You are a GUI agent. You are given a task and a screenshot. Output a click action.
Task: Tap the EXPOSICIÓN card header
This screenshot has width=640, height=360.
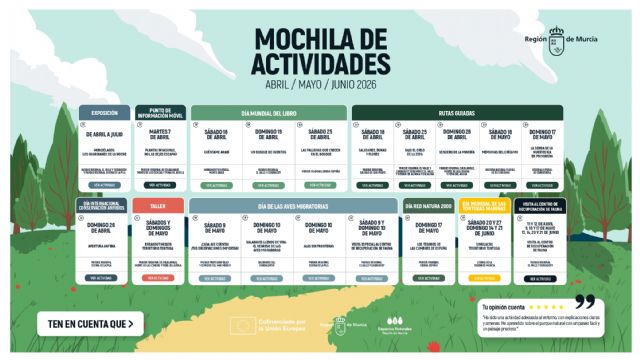click(105, 113)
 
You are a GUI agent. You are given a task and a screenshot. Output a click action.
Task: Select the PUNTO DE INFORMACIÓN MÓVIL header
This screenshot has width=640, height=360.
click(161, 113)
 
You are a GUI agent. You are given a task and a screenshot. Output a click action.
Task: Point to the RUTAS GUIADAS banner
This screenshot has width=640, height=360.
click(456, 113)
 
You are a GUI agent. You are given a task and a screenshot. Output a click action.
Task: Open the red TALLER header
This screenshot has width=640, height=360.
click(158, 205)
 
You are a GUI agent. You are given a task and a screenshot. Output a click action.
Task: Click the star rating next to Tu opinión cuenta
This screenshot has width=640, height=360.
click(546, 306)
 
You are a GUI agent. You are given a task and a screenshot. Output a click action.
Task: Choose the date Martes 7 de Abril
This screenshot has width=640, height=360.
click(161, 135)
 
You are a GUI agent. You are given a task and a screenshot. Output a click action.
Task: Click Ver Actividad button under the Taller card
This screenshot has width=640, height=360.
click(159, 277)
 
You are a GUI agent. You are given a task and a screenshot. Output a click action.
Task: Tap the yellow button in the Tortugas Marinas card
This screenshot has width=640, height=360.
click(484, 277)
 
